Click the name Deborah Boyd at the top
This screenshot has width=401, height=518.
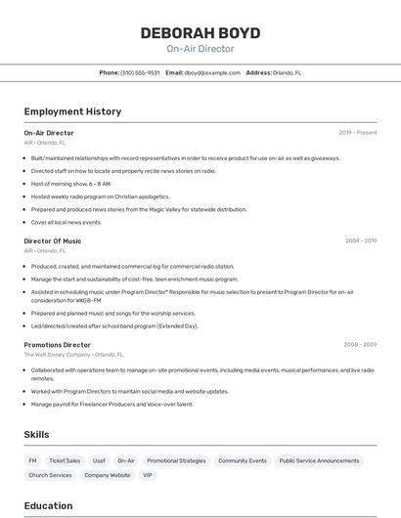click(x=200, y=32)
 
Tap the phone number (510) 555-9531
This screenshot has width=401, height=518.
click(x=140, y=72)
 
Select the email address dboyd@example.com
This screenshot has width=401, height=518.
click(x=212, y=72)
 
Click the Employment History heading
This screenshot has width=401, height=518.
click(x=72, y=111)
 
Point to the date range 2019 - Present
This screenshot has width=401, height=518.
click(x=357, y=132)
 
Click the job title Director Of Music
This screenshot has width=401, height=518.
click(x=53, y=240)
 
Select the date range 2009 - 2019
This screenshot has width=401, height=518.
click(x=360, y=240)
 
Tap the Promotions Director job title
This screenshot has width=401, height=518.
click(x=57, y=345)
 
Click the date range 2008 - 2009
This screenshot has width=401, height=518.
click(x=360, y=345)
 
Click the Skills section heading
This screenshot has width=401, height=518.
click(x=36, y=434)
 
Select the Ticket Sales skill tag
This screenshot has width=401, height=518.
click(x=65, y=460)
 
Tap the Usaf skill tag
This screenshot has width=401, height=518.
click(x=99, y=460)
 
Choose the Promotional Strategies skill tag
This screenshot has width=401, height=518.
click(x=176, y=460)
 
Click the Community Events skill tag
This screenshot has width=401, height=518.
click(x=242, y=460)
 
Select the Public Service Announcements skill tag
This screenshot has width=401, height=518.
click(x=319, y=460)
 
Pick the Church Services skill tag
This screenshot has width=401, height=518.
click(x=50, y=475)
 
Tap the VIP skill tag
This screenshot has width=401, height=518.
click(x=148, y=475)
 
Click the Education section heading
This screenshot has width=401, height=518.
click(x=48, y=505)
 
